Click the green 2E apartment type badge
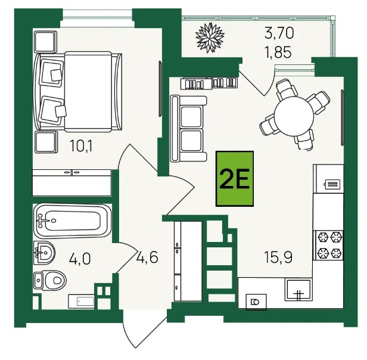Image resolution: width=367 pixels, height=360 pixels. click(235, 179)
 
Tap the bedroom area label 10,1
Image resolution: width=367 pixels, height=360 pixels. click(81, 146)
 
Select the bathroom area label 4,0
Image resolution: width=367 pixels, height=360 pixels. click(80, 259)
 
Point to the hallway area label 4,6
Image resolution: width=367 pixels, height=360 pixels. click(148, 257)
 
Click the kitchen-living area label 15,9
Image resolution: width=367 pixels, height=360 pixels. click(278, 257)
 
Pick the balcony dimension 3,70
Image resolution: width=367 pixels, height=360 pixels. click(279, 33)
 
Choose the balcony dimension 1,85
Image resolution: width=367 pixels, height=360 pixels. click(278, 52)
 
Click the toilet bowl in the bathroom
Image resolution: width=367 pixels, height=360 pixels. click(50, 280)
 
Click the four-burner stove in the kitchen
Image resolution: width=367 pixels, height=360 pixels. click(328, 245)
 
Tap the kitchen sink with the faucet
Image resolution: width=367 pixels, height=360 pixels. click(298, 290)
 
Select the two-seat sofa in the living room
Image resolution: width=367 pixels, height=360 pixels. click(189, 129)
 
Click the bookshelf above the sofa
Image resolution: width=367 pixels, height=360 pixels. click(209, 83)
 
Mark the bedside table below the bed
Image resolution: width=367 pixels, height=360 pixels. click(46, 142)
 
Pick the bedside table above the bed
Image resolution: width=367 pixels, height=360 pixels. click(46, 42)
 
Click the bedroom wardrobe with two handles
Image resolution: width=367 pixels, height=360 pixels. click(71, 183)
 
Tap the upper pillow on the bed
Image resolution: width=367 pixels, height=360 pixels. click(52, 72)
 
